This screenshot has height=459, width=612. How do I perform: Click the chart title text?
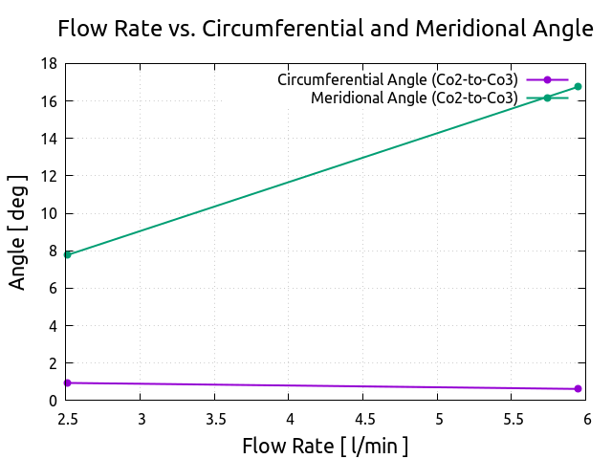point(325,29)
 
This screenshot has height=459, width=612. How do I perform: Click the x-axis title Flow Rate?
point(325,446)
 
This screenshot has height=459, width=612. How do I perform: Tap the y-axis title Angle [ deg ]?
point(18,231)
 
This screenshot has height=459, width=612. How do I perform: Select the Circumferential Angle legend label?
point(398,79)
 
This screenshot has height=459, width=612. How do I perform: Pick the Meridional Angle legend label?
point(414,98)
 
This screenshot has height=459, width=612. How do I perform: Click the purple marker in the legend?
point(547,79)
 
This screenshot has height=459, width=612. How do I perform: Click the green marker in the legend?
point(547,98)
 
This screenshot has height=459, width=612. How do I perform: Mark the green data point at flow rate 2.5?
point(67,254)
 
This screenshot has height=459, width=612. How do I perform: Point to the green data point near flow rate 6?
point(578,87)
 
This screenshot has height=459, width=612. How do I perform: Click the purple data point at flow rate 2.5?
point(67,382)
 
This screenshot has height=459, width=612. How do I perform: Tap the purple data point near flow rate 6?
point(578,389)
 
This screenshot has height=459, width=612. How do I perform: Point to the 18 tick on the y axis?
point(48,64)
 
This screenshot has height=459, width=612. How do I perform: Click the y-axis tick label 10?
point(48,213)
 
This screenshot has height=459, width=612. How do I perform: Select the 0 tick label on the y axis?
point(52,401)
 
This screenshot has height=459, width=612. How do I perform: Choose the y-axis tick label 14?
point(48,139)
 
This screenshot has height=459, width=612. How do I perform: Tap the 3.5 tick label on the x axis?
point(215,419)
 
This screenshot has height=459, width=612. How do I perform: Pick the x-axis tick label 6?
point(587,419)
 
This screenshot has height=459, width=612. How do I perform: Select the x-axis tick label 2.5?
point(67,419)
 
